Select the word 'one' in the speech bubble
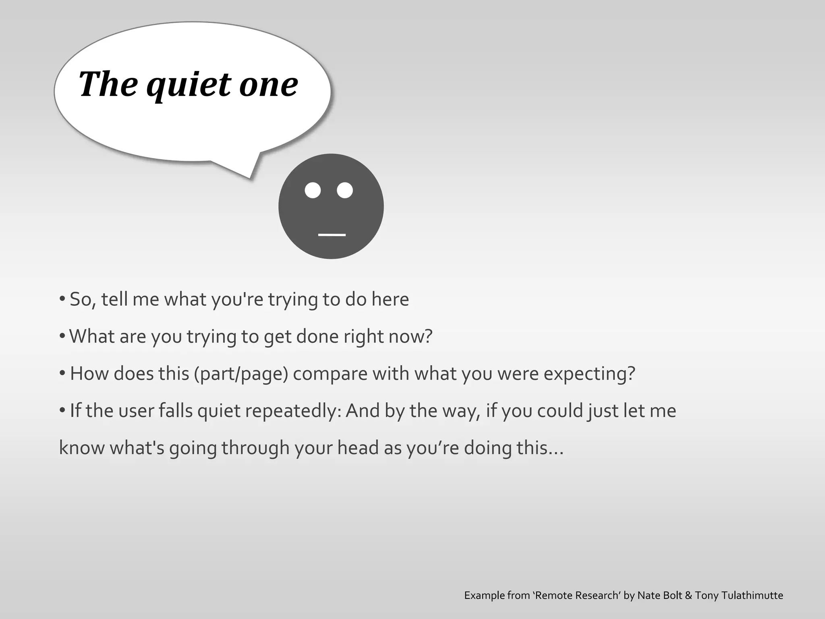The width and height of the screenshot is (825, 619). pyautogui.click(x=268, y=85)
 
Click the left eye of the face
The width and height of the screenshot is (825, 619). pyautogui.click(x=313, y=190)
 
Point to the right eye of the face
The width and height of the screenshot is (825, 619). pyautogui.click(x=345, y=190)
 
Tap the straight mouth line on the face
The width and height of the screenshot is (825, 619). pyautogui.click(x=332, y=235)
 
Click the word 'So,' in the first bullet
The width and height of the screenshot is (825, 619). pyautogui.click(x=83, y=299)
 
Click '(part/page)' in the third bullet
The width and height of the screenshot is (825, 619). pyautogui.click(x=241, y=374)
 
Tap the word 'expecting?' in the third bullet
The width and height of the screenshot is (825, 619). pyautogui.click(x=589, y=374)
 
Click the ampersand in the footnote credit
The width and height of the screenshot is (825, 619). pyautogui.click(x=688, y=596)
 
